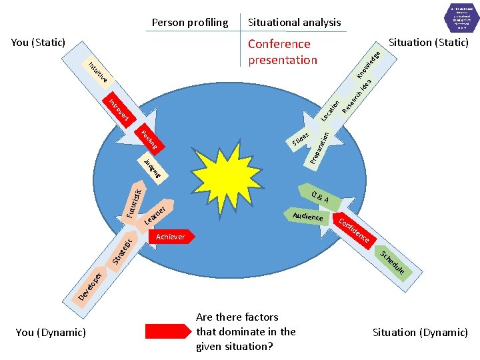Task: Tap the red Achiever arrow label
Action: [x=171, y=237]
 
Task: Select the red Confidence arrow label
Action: [x=354, y=229]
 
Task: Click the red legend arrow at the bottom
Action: [x=167, y=332]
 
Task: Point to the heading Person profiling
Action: [x=190, y=22]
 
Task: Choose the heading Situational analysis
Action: [x=294, y=22]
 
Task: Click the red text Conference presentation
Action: [x=283, y=52]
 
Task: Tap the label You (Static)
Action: [x=38, y=42]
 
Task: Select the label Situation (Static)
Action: [x=429, y=42]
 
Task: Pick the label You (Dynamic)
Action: [x=51, y=332]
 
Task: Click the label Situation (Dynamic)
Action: [x=420, y=332]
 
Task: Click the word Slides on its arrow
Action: [x=301, y=138]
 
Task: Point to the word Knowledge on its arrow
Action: [x=369, y=63]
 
